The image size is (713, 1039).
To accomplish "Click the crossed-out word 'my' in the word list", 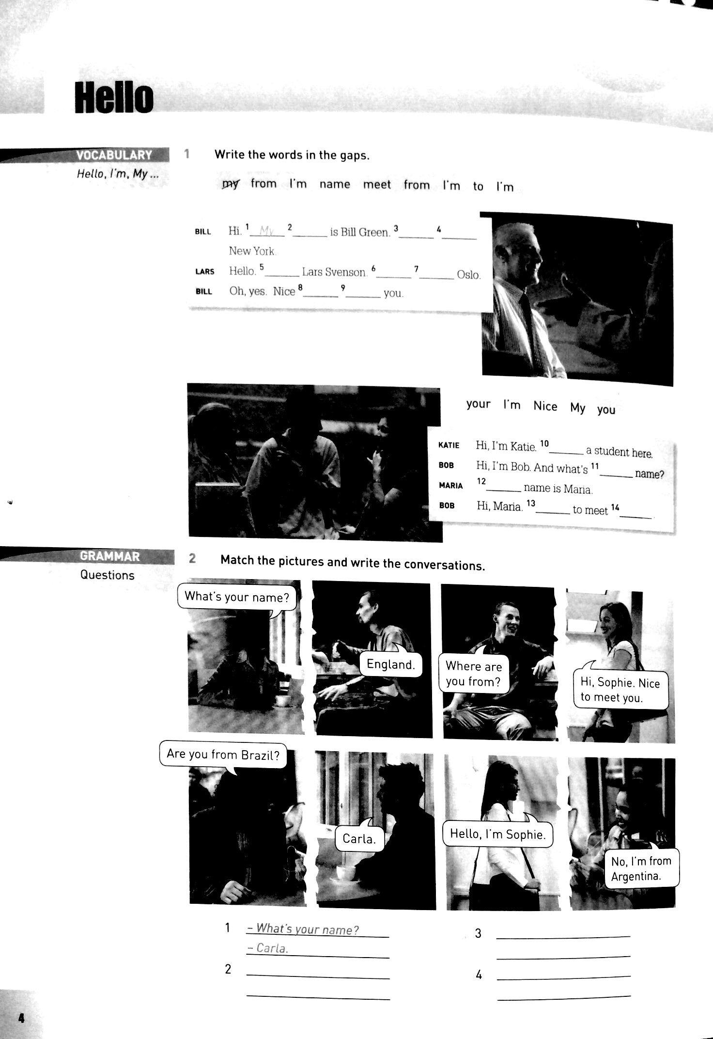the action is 230,184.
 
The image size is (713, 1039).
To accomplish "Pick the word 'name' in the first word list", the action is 335,184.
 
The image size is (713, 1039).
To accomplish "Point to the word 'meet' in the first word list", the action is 377,185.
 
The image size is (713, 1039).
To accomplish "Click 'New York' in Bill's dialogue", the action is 252,251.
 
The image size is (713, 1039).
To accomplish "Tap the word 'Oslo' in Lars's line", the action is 468,275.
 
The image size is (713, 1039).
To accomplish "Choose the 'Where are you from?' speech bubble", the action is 473,673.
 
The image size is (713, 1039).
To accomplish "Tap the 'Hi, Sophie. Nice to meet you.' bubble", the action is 620,688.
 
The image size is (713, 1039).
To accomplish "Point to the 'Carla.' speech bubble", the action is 359,838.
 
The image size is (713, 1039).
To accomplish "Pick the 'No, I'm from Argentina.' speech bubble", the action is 641,867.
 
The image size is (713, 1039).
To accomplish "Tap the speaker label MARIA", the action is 450,486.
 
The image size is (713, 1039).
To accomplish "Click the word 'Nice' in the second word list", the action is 545,406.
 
